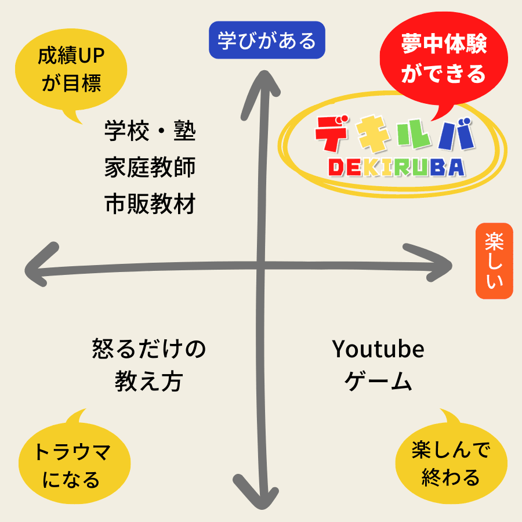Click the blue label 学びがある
point(267,40)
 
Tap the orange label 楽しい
point(494,260)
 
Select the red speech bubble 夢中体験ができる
point(444,59)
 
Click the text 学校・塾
point(150,131)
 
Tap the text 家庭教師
point(150,167)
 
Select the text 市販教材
point(150,204)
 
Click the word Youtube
point(378,349)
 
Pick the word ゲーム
point(378,381)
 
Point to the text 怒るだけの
point(149,349)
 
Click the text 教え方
point(149,381)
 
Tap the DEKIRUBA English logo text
point(397,167)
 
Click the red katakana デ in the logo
point(332,133)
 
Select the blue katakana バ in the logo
point(457,134)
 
